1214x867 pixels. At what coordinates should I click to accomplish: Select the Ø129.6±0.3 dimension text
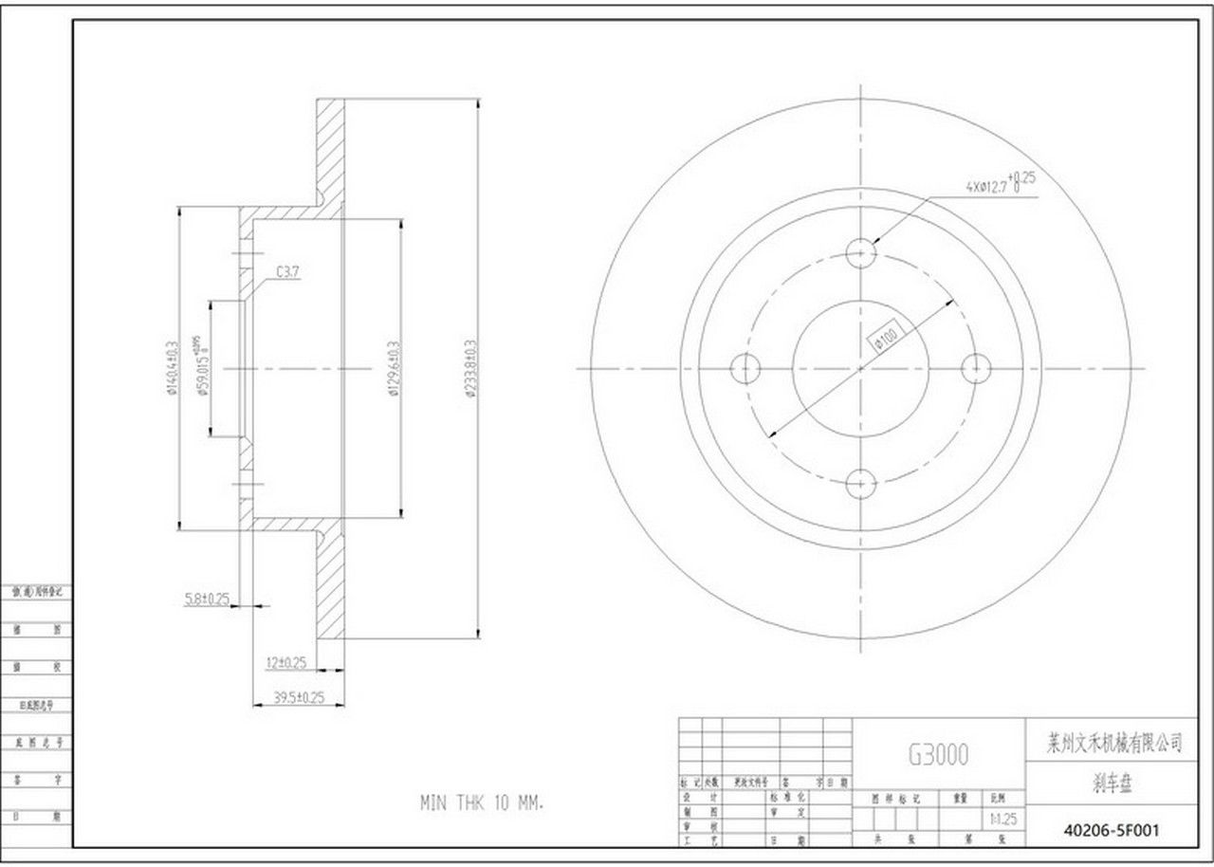[392, 369]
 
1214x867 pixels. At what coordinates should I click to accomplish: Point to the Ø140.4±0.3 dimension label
[172, 369]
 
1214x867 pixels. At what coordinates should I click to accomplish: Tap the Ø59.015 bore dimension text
[201, 366]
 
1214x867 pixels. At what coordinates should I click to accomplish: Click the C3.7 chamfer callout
[288, 272]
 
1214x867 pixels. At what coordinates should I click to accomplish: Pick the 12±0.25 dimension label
[285, 662]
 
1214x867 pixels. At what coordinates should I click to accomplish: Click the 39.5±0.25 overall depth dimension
[299, 697]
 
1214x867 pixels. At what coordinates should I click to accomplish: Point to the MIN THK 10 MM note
[481, 802]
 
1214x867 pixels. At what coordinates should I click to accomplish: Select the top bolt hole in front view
[860, 252]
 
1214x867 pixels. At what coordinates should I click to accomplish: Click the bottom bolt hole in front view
[860, 483]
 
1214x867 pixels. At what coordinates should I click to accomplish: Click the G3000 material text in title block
[939, 754]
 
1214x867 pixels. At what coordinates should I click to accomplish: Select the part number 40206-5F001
[1111, 831]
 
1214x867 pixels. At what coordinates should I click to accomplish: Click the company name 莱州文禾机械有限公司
[1112, 745]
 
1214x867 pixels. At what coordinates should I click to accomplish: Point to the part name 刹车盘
[1112, 785]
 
